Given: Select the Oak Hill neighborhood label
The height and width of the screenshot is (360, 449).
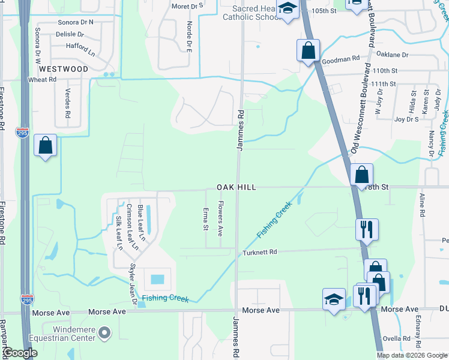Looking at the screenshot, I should point(237,188).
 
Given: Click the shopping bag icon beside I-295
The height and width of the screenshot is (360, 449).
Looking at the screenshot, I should point(46,146).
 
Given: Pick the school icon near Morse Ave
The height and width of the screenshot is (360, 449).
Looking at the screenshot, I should point(334,299).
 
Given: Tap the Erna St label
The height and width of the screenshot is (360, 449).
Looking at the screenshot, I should point(205,219).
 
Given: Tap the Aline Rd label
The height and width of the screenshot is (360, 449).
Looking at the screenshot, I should point(422,205).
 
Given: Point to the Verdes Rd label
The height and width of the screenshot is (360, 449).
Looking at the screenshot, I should point(67,105).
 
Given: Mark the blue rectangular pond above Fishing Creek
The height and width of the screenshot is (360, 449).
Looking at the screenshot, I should point(157,279).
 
